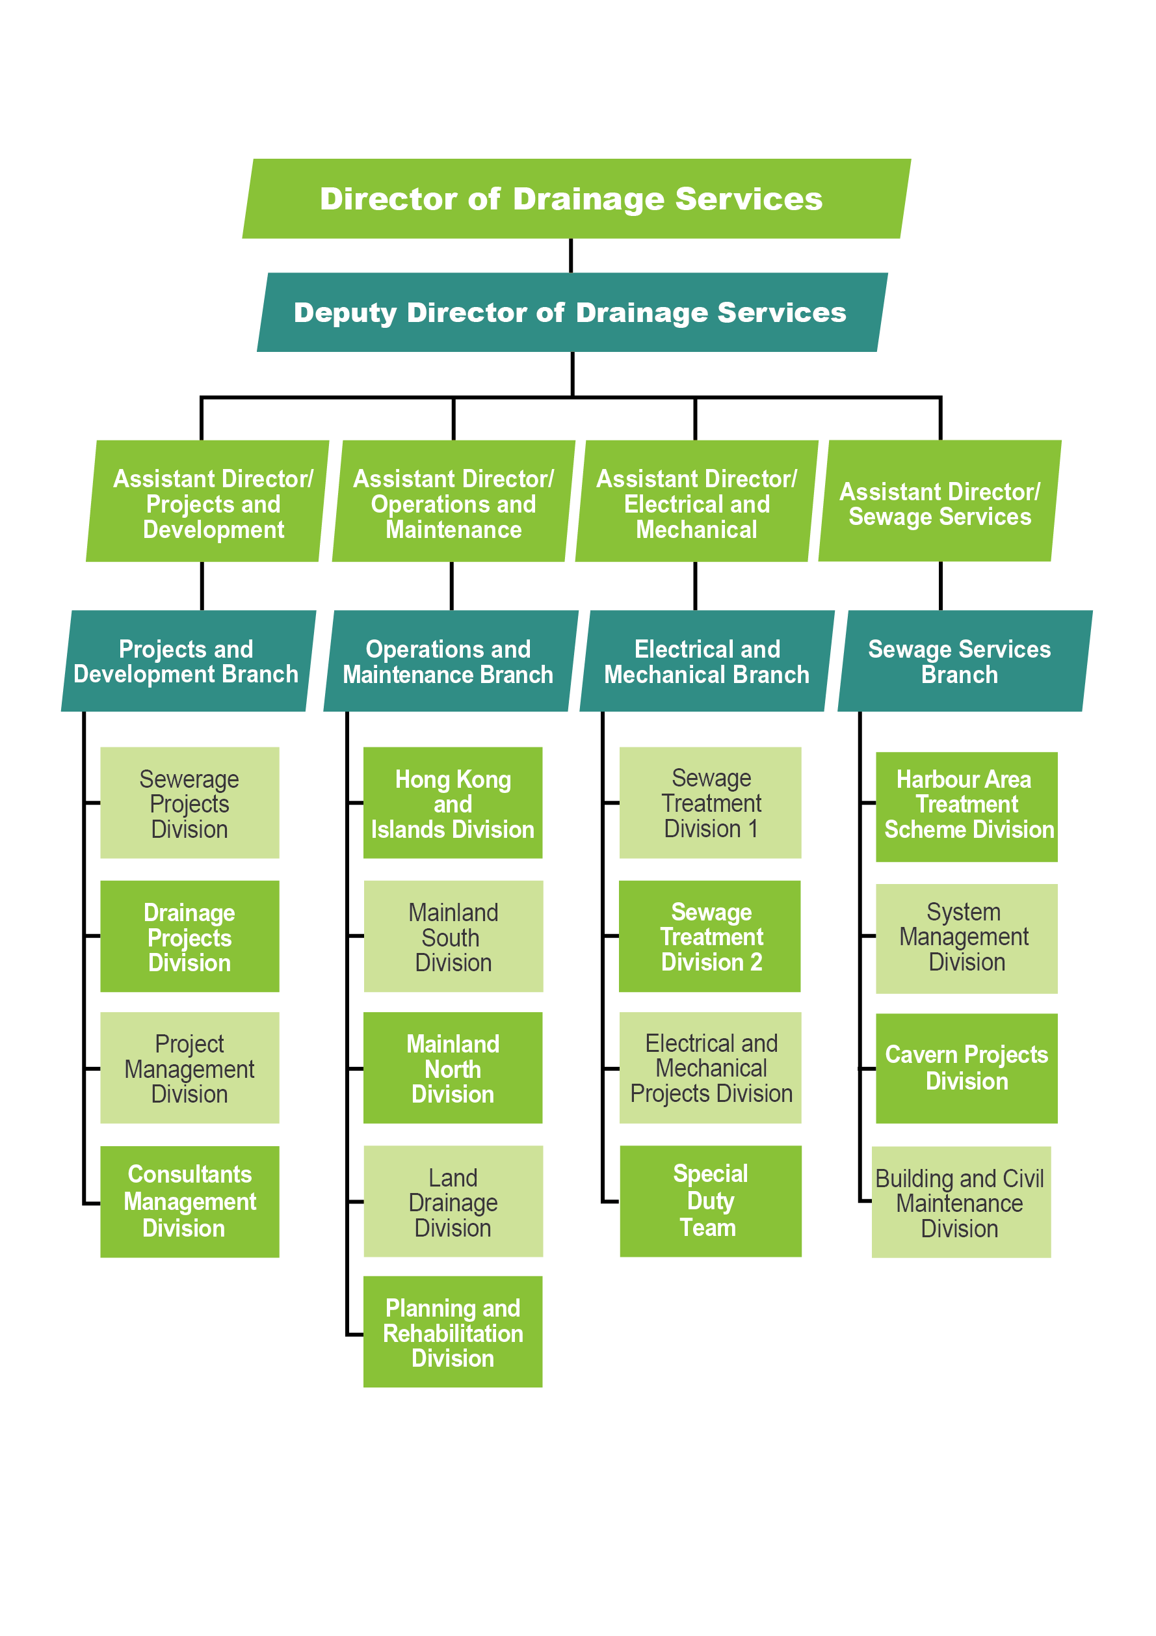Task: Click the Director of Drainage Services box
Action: (x=576, y=198)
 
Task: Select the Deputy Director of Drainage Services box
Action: (x=572, y=312)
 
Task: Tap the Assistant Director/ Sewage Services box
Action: (x=939, y=501)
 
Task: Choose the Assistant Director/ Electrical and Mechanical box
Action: (x=696, y=501)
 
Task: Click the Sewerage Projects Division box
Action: (x=189, y=802)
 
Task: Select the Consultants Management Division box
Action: (x=189, y=1201)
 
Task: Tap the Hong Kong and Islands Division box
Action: (x=453, y=802)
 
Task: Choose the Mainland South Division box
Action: (x=453, y=936)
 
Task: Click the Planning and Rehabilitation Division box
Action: (x=453, y=1332)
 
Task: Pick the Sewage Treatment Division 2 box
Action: (x=710, y=936)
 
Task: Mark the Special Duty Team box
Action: (x=710, y=1201)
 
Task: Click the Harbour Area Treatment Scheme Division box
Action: (x=967, y=807)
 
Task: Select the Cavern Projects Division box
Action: (x=967, y=1068)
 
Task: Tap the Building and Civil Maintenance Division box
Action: (x=961, y=1202)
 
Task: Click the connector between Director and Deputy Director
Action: (x=571, y=255)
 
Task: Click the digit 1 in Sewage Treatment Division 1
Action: (x=753, y=829)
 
